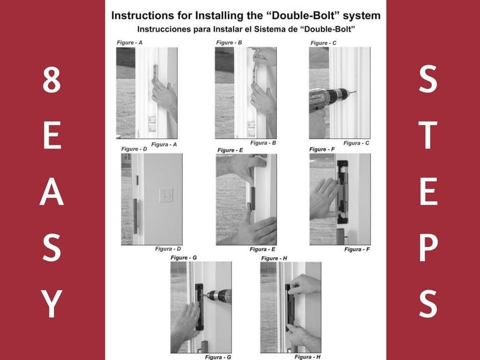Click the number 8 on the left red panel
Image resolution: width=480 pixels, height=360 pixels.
pyautogui.click(x=52, y=81)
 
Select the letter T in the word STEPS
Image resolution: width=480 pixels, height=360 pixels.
pyautogui.click(x=427, y=136)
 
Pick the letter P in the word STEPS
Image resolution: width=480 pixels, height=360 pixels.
pyautogui.click(x=427, y=248)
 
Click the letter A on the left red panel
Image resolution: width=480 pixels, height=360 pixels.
pyautogui.click(x=52, y=193)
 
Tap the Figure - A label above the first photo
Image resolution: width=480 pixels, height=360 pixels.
pyautogui.click(x=130, y=43)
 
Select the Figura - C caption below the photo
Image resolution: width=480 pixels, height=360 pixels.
pyautogui.click(x=356, y=143)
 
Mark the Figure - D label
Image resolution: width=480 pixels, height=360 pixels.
pyautogui.click(x=135, y=149)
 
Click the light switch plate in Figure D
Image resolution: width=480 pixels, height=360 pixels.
pyautogui.click(x=165, y=195)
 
